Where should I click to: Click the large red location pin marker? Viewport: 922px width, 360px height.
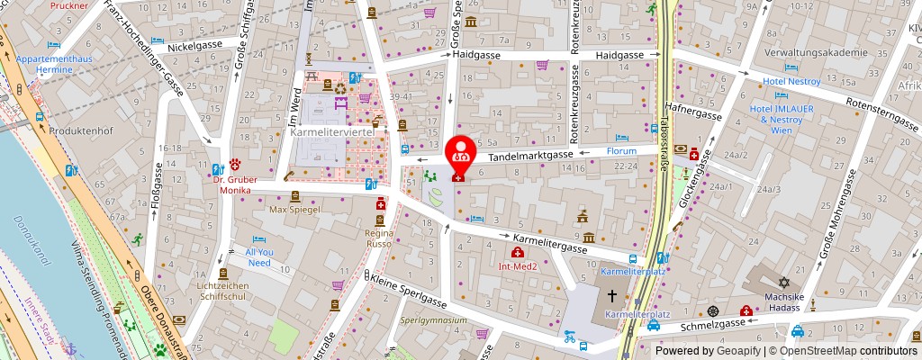(x=461, y=153)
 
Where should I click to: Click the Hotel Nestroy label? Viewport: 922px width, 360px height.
(x=791, y=81)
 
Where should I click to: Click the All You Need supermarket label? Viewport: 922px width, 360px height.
(x=258, y=257)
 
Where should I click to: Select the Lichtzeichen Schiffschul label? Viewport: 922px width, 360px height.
(x=224, y=290)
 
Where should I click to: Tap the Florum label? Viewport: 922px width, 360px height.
(x=621, y=150)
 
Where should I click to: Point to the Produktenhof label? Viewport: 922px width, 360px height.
(x=84, y=130)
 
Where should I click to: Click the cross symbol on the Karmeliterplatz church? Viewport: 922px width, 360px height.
(x=611, y=295)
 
